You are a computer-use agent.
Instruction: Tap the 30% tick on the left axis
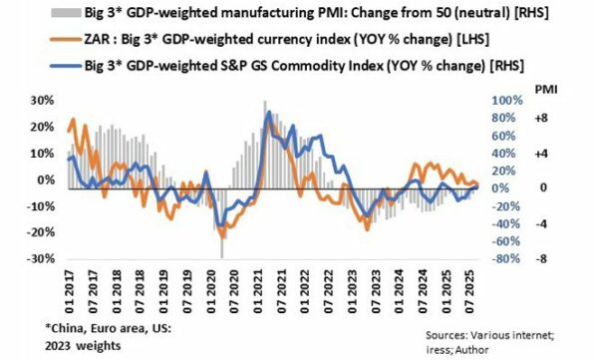[x=42, y=102]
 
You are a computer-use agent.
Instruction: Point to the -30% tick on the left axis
[x=40, y=258]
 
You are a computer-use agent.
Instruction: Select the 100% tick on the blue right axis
[x=495, y=102]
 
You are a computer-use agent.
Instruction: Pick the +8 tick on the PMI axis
[x=543, y=117]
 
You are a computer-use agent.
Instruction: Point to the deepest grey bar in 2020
[x=221, y=255]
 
